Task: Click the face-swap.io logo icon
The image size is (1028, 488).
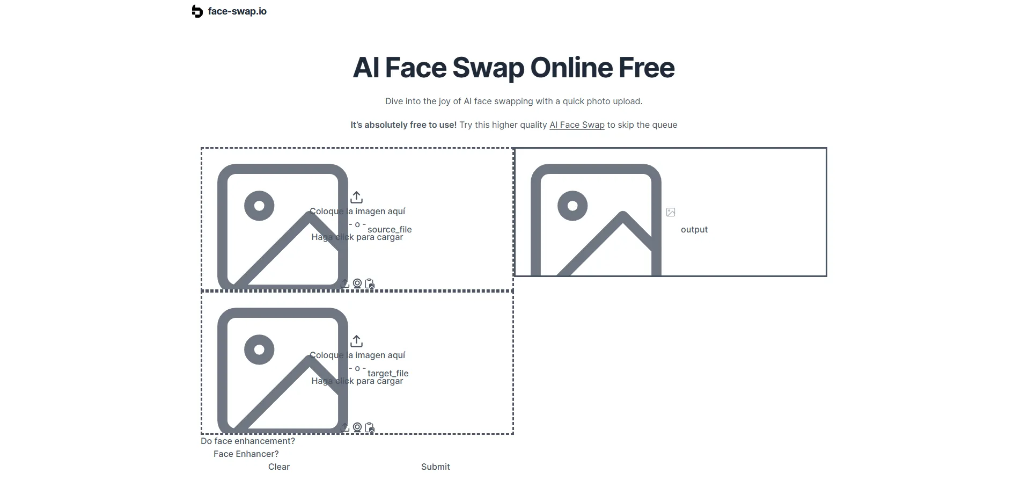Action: (x=197, y=11)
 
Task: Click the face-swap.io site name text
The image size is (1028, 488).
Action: (x=237, y=11)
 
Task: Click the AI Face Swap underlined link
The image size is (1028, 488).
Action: (x=577, y=125)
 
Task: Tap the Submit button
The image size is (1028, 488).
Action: (x=435, y=467)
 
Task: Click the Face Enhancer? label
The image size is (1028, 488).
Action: (x=246, y=454)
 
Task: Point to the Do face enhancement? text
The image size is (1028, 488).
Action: (x=248, y=441)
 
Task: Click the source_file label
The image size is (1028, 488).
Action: (x=390, y=230)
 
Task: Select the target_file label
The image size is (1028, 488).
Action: (x=388, y=374)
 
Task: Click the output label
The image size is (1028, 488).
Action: (x=694, y=230)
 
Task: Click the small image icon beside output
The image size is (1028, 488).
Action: (x=671, y=212)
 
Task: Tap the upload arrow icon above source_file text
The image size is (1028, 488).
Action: (x=357, y=197)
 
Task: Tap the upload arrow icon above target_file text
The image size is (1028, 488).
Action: (x=357, y=341)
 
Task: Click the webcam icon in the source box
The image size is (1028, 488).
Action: (x=357, y=283)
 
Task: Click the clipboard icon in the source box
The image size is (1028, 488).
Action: (x=370, y=283)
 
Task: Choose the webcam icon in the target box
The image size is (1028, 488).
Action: (x=357, y=427)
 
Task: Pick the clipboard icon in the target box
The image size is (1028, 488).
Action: (x=370, y=427)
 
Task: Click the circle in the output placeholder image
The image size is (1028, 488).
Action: (x=572, y=206)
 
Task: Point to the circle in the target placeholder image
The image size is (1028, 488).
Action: (x=259, y=349)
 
